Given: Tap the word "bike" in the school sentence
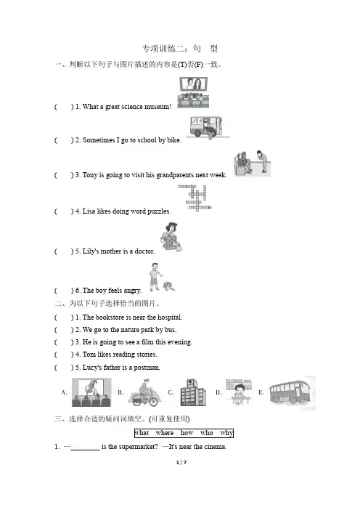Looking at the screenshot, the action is (173, 140).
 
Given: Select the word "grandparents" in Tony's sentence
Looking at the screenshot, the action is (175, 175).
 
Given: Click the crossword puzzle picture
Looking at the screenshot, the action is (195, 198).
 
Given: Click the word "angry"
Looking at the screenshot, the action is (133, 291).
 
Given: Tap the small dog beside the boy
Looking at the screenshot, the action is (169, 286).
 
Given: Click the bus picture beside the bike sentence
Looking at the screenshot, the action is (206, 127).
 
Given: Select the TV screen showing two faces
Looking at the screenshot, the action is (194, 84).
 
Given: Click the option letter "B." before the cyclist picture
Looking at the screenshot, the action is (120, 392).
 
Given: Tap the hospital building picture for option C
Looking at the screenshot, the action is (193, 392).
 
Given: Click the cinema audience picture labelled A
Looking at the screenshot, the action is (91, 392).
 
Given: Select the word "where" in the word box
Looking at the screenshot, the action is (165, 433).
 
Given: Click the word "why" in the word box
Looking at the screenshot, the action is (226, 433).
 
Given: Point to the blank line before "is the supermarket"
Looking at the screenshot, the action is (85, 450).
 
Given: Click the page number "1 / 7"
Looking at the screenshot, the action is (181, 463).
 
